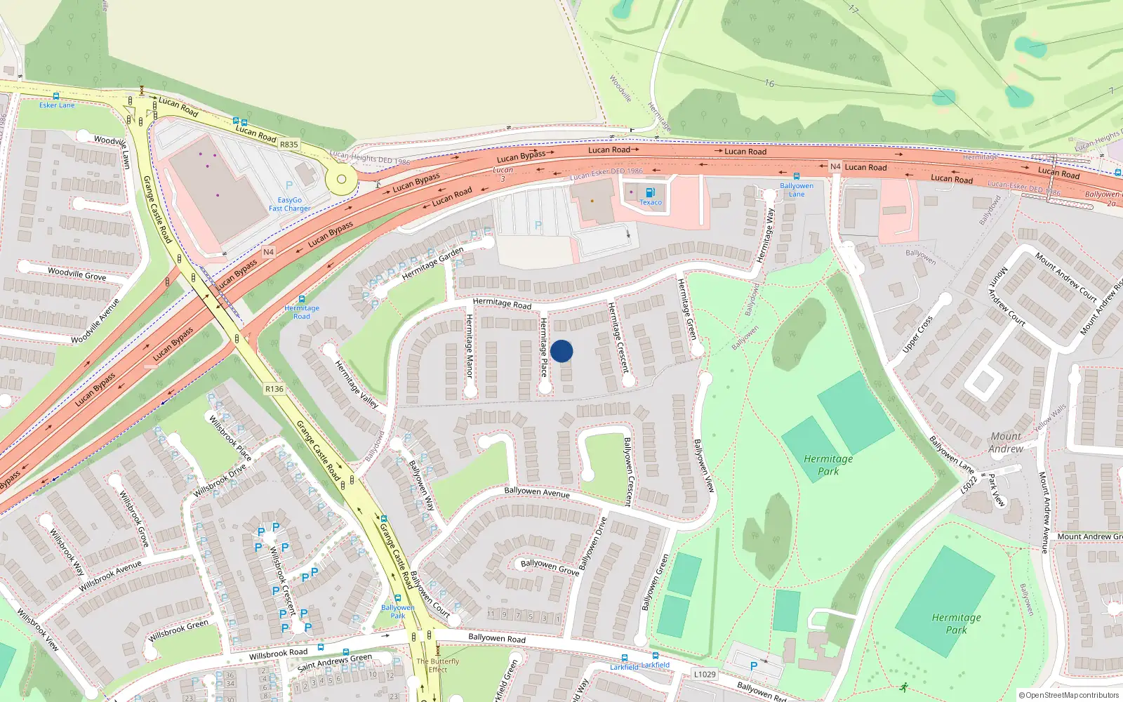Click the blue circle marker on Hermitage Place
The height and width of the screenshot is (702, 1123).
(x=561, y=351)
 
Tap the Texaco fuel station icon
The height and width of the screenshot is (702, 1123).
(x=650, y=193)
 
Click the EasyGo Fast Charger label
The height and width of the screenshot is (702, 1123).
(x=289, y=204)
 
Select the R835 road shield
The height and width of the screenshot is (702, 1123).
(x=289, y=145)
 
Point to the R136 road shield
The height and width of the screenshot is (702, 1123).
(x=274, y=389)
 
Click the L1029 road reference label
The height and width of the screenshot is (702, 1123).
(x=705, y=675)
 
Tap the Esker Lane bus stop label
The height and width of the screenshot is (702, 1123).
(x=57, y=105)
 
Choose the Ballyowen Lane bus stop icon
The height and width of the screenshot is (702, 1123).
(x=797, y=177)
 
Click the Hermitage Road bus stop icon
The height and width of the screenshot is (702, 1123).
(x=302, y=299)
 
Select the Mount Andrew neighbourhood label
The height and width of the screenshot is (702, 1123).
(x=1006, y=442)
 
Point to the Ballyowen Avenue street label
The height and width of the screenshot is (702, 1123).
(x=537, y=492)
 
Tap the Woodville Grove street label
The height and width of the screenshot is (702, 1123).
(x=77, y=274)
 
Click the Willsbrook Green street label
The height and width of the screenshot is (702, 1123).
(x=178, y=631)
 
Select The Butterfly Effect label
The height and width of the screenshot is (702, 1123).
(x=438, y=665)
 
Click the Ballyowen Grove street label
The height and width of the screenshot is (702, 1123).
(x=550, y=567)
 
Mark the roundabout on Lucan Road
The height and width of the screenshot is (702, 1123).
(x=342, y=179)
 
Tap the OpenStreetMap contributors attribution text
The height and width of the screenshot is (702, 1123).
(x=1070, y=696)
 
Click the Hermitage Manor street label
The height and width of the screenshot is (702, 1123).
(x=470, y=346)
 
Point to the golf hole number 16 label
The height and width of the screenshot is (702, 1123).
(x=769, y=84)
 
